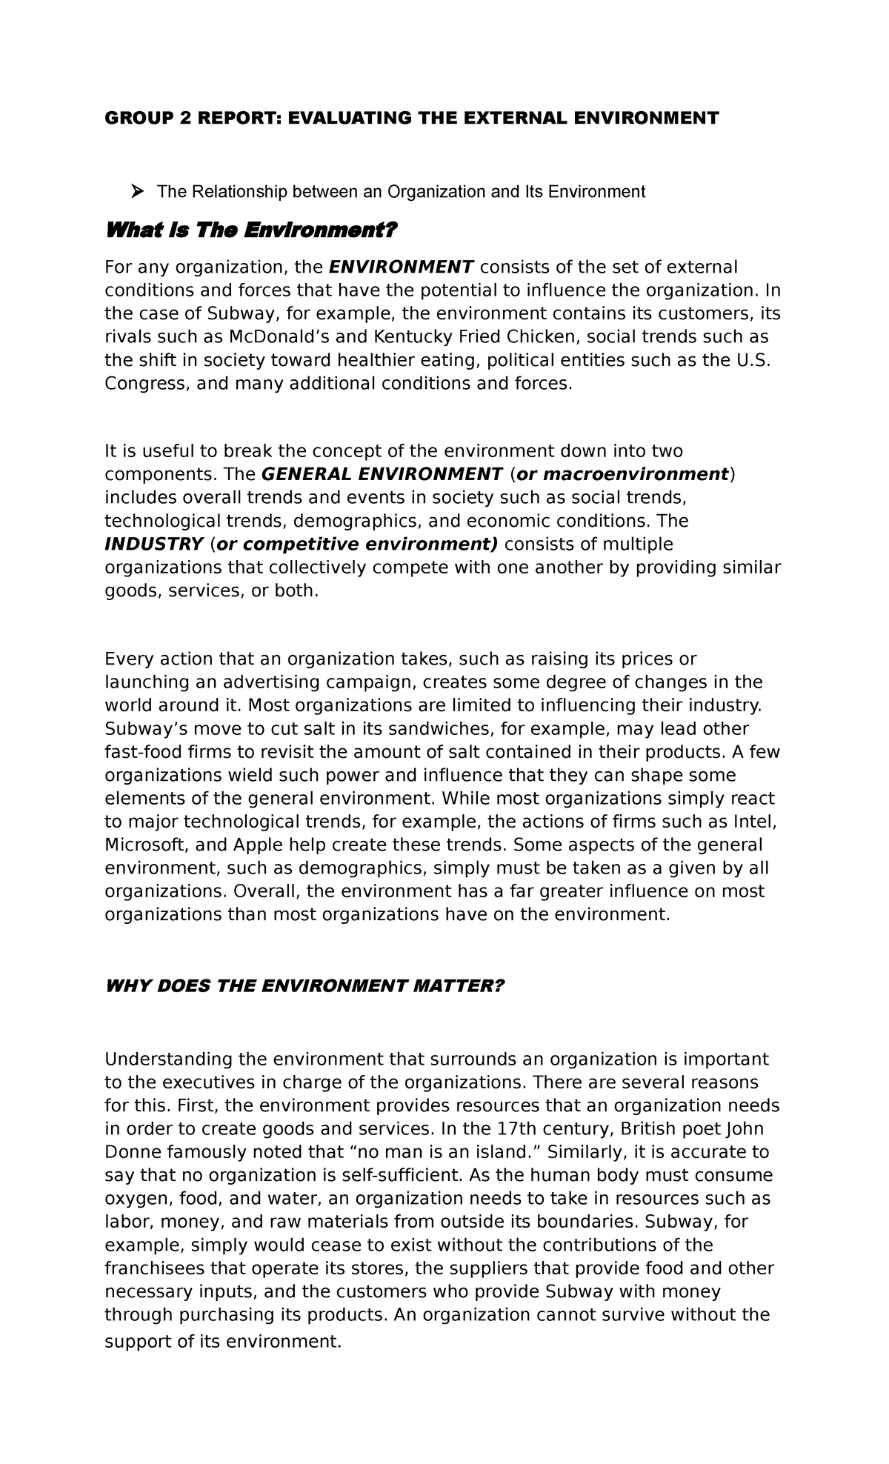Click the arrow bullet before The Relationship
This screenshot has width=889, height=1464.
136,193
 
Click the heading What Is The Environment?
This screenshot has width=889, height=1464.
252,231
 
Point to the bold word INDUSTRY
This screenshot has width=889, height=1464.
154,545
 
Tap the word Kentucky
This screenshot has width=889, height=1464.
394,337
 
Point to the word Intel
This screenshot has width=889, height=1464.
754,822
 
